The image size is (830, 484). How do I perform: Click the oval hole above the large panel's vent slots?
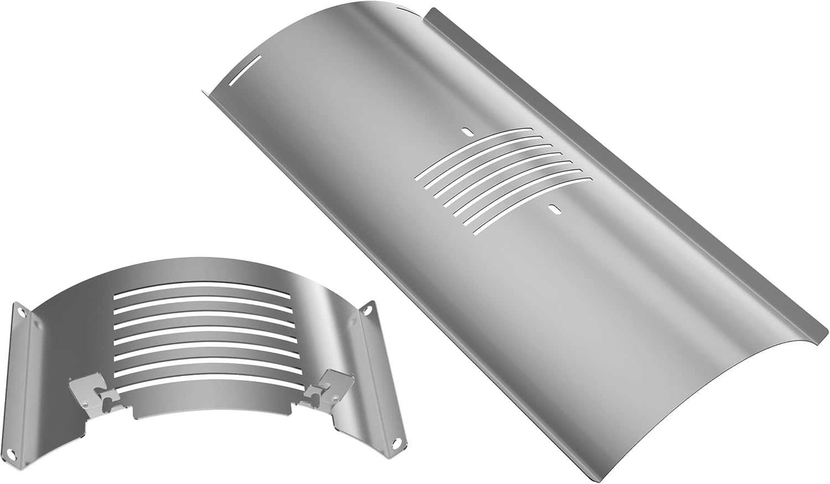pos(468,132)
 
